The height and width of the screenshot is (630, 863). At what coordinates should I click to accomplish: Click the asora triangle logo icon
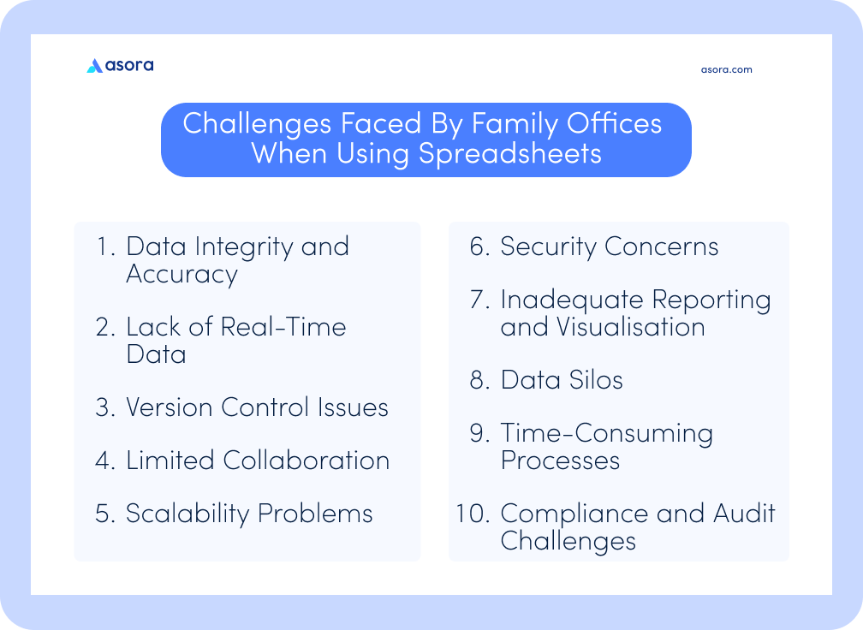point(95,66)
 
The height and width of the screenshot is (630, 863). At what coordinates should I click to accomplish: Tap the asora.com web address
point(727,70)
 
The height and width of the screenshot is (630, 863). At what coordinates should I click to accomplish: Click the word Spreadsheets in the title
point(509,153)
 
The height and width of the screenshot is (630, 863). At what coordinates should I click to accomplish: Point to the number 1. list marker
point(106,247)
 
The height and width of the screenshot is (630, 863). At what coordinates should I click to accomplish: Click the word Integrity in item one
point(244,247)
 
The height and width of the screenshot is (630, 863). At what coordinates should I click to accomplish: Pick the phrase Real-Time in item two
point(283,327)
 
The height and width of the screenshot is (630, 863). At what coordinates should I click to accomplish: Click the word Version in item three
point(169,407)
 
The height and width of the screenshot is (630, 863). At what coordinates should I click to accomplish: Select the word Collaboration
point(306,461)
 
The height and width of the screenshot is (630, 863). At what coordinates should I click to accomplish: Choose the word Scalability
point(187,514)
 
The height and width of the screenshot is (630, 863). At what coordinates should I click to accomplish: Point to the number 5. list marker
point(105,514)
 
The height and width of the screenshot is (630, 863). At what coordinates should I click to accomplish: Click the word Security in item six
point(548,247)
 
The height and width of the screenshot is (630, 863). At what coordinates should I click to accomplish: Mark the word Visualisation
point(630,327)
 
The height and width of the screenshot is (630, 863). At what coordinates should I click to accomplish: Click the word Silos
point(596,380)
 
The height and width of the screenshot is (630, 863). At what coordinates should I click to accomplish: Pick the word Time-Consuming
point(606,434)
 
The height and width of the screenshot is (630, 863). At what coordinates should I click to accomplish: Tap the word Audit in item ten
point(744,514)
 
